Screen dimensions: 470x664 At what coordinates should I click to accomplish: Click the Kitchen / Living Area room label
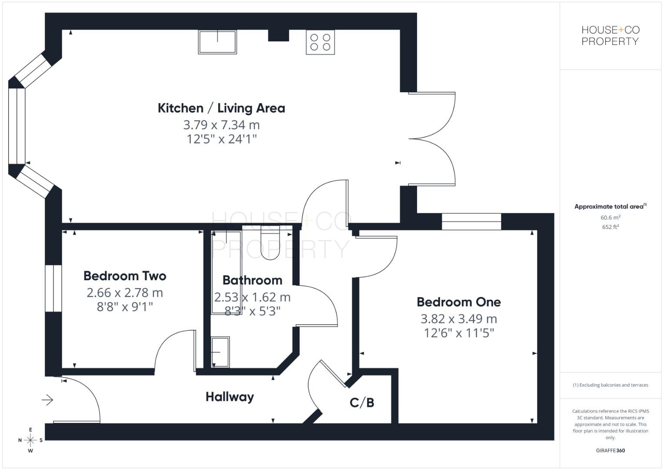(x=221, y=108)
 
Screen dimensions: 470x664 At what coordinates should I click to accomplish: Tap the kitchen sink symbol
(x=217, y=42)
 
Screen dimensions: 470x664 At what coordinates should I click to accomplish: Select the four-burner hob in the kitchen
(x=320, y=42)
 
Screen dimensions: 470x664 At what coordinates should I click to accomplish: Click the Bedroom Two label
(x=125, y=276)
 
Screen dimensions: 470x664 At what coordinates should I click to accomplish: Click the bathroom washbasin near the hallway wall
(x=220, y=352)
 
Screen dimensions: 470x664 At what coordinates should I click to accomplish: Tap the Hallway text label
(x=230, y=397)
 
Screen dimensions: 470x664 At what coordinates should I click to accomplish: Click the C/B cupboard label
(x=362, y=403)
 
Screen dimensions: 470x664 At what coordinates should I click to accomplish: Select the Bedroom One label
(x=458, y=302)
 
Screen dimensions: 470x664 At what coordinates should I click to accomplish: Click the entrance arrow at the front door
(x=47, y=399)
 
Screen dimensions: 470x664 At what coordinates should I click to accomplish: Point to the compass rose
(x=30, y=440)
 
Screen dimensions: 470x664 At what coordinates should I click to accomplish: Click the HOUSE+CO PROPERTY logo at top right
(x=610, y=36)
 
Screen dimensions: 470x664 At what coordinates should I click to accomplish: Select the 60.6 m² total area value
(x=610, y=217)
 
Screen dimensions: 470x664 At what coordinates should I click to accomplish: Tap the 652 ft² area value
(x=610, y=227)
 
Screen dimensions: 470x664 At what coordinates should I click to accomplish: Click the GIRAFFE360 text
(x=610, y=450)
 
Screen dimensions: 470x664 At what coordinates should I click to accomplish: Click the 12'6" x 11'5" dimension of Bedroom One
(x=458, y=333)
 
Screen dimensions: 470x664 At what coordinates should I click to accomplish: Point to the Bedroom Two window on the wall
(x=53, y=288)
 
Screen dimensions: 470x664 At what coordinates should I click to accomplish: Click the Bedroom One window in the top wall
(x=471, y=222)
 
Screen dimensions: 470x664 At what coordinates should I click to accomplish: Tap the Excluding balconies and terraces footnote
(x=610, y=385)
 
